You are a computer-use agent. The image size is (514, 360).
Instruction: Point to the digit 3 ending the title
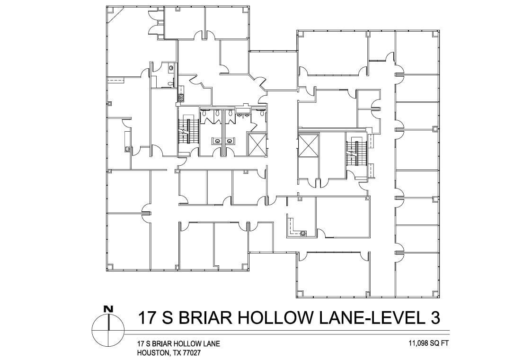coord(433,317)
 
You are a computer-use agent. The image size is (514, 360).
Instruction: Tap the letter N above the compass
coord(109,309)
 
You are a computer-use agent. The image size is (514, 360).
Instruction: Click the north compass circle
coord(109,330)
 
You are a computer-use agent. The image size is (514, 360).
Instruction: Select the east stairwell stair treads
coord(354,153)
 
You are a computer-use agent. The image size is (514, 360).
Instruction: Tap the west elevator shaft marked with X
coord(257,144)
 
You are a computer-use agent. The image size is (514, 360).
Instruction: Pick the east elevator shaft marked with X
coord(308,144)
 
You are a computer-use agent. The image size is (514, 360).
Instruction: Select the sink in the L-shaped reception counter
coord(303,233)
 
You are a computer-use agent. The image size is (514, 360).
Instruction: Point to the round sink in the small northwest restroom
coord(170,68)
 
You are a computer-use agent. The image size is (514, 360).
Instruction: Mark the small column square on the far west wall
coord(109,103)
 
